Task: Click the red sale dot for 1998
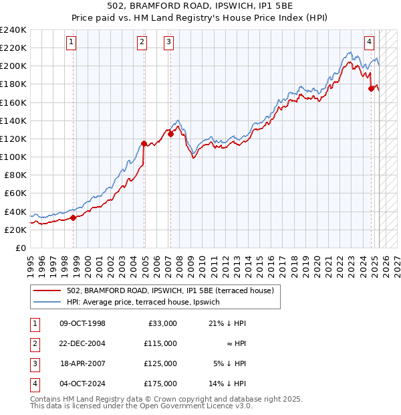coord(73,218)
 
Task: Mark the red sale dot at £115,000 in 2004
coord(144,143)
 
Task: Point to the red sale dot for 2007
coord(170,134)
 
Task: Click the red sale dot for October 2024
coord(371,88)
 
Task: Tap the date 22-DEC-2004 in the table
coord(82,343)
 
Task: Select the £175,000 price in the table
coord(160,384)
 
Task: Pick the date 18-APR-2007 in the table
coord(82,364)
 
